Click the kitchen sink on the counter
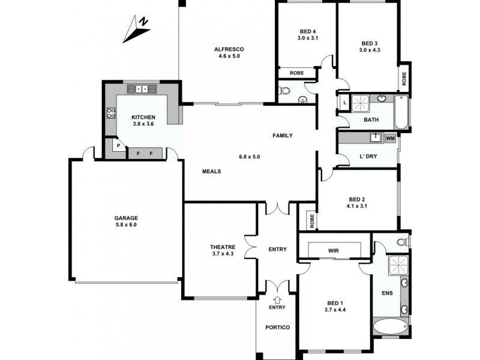[143, 89]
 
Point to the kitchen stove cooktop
[111, 112]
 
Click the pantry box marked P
[118, 146]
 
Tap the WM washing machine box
[390, 138]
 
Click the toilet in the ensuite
[403, 242]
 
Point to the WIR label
[334, 250]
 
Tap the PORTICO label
[277, 327]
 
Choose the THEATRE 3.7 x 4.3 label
[222, 250]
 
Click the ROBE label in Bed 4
[296, 73]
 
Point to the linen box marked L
[344, 103]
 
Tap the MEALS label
[212, 171]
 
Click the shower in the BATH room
[362, 103]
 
